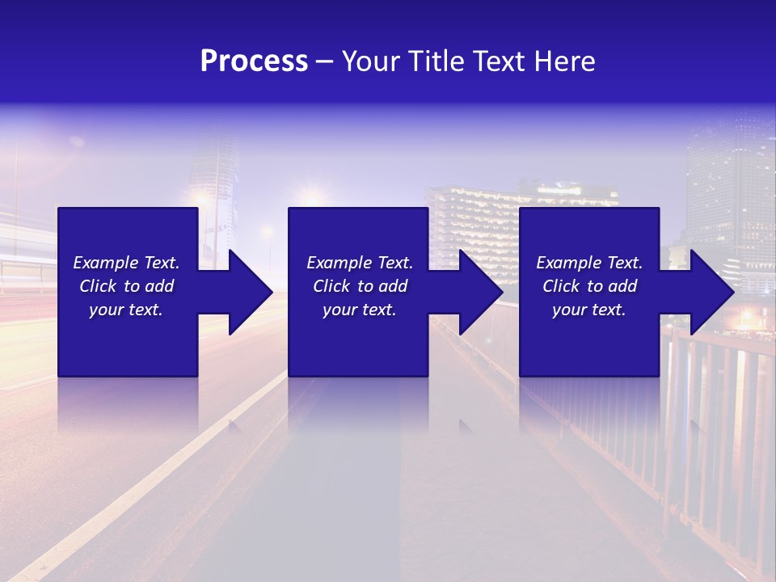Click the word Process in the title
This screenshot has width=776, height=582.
point(254,61)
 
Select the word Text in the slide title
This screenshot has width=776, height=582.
point(499,61)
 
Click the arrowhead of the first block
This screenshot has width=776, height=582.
point(247,292)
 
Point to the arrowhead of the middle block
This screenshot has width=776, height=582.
point(478,292)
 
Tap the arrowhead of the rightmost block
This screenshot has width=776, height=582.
point(709,292)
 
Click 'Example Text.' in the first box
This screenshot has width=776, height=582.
point(126,263)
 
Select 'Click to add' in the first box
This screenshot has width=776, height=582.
point(126,286)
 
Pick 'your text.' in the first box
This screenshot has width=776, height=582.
point(126,310)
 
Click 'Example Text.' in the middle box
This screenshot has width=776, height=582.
point(360,263)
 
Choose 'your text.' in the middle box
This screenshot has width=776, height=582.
point(360,310)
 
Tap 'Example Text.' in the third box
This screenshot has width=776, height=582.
point(589,263)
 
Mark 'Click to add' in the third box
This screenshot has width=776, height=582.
point(589,286)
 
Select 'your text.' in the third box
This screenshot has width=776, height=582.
point(589,310)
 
